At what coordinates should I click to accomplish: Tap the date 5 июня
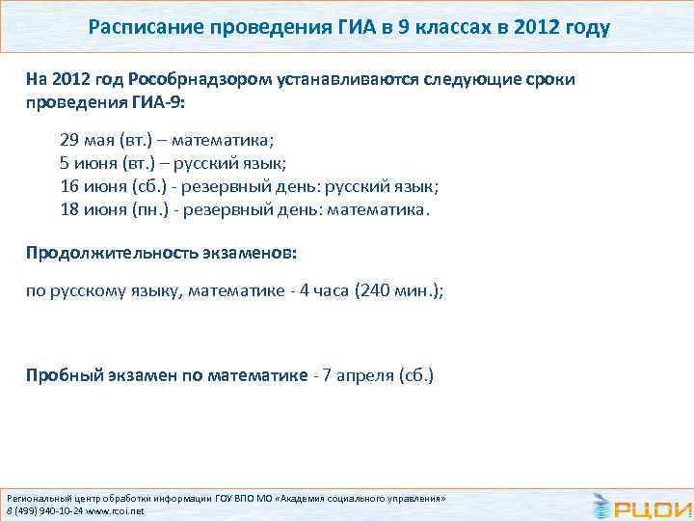pyautogui.click(x=86, y=162)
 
